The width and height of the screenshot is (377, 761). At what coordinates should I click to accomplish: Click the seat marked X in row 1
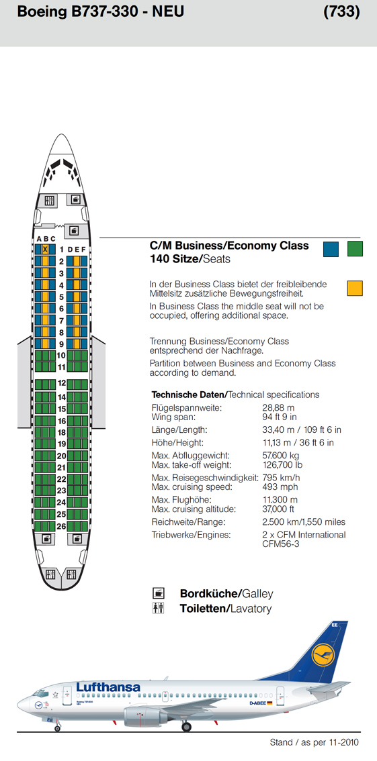[x=45, y=250]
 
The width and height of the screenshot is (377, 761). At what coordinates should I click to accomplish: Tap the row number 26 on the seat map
[x=61, y=525]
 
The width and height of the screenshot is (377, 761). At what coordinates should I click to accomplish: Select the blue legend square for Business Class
[x=331, y=248]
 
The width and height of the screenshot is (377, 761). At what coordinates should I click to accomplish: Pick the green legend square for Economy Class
[x=355, y=248]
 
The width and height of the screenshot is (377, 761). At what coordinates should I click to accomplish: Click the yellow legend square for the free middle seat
[x=355, y=288]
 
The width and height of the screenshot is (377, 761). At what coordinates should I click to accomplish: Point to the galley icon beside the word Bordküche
[x=159, y=593]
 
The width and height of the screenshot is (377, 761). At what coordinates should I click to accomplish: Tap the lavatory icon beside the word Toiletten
[x=159, y=608]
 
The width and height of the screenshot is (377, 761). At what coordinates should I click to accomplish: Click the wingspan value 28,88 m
[x=278, y=408]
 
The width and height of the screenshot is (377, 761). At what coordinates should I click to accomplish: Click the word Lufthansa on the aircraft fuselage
[x=108, y=687]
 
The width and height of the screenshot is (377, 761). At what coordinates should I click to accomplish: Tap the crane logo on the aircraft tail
[x=323, y=654]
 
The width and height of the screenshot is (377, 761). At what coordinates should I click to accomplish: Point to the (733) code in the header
[x=342, y=12]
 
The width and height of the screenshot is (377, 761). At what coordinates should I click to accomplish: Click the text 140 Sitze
[x=175, y=258]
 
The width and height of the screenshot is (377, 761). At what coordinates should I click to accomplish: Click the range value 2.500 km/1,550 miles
[x=304, y=522]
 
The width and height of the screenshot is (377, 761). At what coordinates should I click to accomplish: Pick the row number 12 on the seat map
[x=61, y=383]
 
